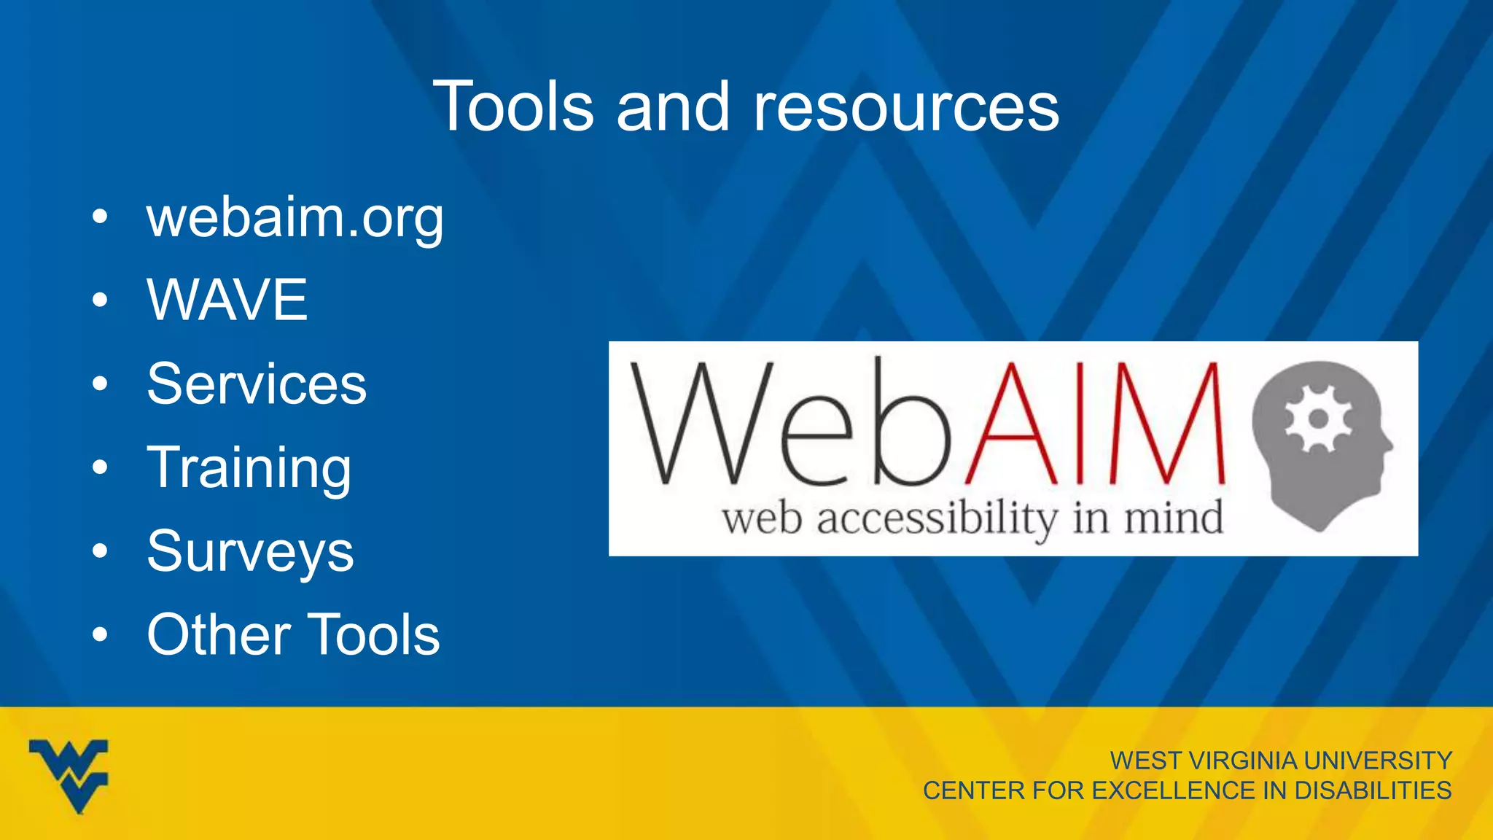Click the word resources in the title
click(x=905, y=107)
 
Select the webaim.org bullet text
click(x=295, y=218)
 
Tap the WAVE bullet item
click(x=227, y=300)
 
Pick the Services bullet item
click(x=257, y=384)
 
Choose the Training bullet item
click(x=249, y=467)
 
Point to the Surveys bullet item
click(x=250, y=551)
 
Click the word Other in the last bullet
click(x=214, y=634)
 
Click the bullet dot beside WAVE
click(x=100, y=300)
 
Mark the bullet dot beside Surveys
click(x=100, y=551)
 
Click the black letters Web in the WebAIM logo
click(x=791, y=424)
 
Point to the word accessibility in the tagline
click(x=937, y=519)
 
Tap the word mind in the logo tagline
click(x=1173, y=518)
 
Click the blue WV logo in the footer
click(x=69, y=774)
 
